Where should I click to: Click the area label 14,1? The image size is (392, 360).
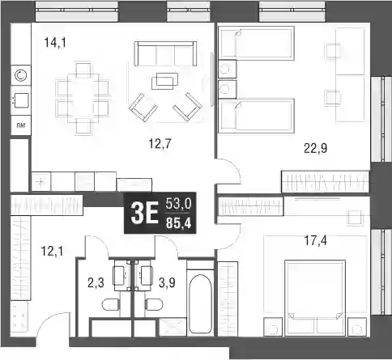(55, 43)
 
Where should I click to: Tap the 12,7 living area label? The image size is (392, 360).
(160, 144)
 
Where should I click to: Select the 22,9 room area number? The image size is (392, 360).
(316, 148)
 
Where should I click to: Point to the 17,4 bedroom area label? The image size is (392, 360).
(316, 240)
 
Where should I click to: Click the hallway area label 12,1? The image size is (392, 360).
(52, 251)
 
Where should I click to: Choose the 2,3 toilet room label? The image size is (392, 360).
(96, 283)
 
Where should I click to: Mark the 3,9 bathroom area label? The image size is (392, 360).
(167, 283)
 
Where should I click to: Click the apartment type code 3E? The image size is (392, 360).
(144, 213)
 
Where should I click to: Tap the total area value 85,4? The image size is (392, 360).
(178, 223)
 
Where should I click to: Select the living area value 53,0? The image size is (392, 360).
(178, 203)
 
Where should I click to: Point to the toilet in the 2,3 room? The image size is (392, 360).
(111, 304)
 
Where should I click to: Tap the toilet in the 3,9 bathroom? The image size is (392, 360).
(154, 304)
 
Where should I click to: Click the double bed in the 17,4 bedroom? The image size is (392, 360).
(315, 298)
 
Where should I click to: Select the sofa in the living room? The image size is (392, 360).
(165, 53)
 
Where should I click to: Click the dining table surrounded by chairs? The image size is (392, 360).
(83, 98)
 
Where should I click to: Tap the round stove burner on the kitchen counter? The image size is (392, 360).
(21, 76)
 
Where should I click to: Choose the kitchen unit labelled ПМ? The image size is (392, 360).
(21, 125)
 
